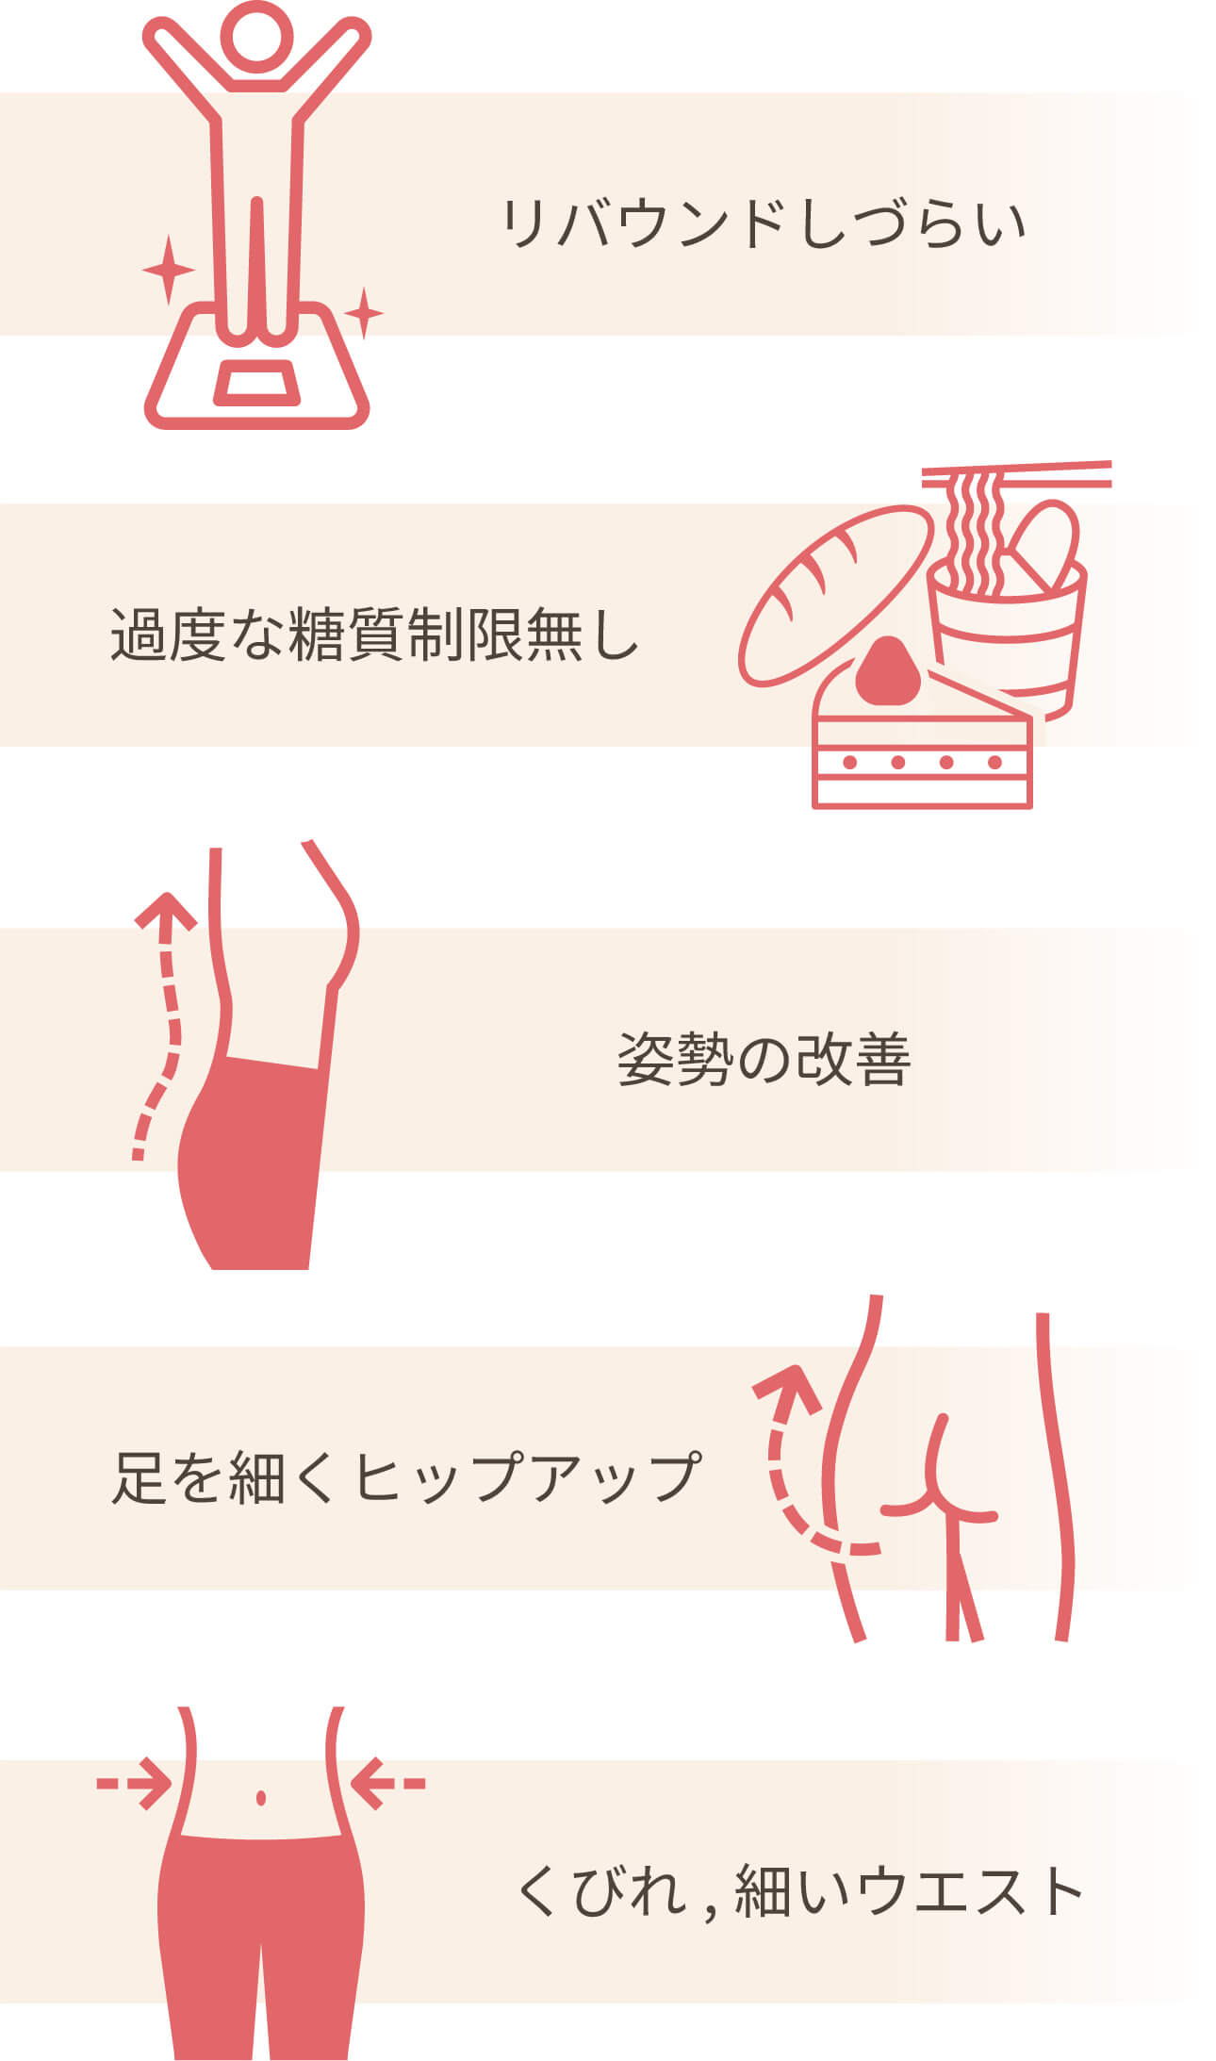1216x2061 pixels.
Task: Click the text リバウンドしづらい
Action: pyautogui.click(x=762, y=224)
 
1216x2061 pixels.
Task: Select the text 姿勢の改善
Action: pyautogui.click(x=764, y=1060)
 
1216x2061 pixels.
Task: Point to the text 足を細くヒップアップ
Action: pyautogui.click(x=405, y=1476)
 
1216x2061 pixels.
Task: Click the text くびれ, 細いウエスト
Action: pyautogui.click(x=799, y=1889)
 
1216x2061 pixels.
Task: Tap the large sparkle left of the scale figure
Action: pyautogui.click(x=168, y=270)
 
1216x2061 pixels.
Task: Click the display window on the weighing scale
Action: pyautogui.click(x=256, y=384)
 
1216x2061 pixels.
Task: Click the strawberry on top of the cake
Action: pyautogui.click(x=886, y=671)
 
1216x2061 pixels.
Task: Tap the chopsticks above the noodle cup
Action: pyautogui.click(x=1016, y=473)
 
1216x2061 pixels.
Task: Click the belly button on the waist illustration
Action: pyautogui.click(x=261, y=1797)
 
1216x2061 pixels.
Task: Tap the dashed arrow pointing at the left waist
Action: pyautogui.click(x=135, y=1783)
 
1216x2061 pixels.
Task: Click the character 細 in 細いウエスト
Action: pyautogui.click(x=762, y=1889)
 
